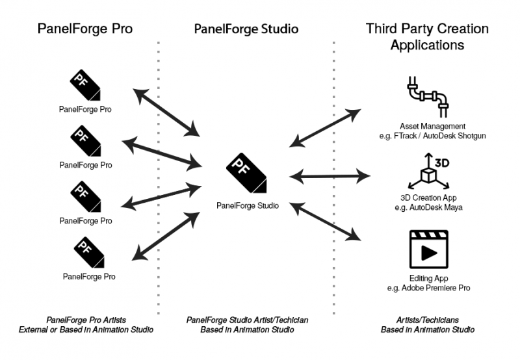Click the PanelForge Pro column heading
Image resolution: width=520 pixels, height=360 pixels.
[x=86, y=30]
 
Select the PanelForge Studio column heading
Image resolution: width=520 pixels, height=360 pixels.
[x=246, y=30]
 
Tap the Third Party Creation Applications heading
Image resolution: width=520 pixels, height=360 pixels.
[x=427, y=37]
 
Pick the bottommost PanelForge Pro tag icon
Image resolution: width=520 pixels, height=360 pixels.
[x=88, y=252]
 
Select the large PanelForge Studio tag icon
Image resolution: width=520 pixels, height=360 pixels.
[x=245, y=172]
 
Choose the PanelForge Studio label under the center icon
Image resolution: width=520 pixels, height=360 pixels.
[x=248, y=206]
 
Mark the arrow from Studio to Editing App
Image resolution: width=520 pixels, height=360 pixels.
[x=326, y=223]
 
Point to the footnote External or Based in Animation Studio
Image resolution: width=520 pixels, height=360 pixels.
[x=85, y=330]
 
